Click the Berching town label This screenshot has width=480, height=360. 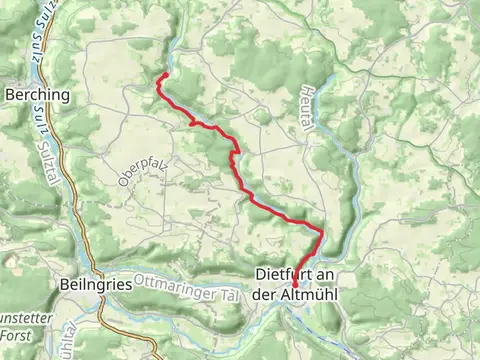point(38,95)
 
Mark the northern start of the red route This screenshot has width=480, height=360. point(163,74)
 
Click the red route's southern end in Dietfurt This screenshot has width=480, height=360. point(295,285)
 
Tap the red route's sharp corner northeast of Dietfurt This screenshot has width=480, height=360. point(322,233)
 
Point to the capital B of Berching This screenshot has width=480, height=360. point(11,95)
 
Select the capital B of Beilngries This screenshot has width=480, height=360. point(65,284)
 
